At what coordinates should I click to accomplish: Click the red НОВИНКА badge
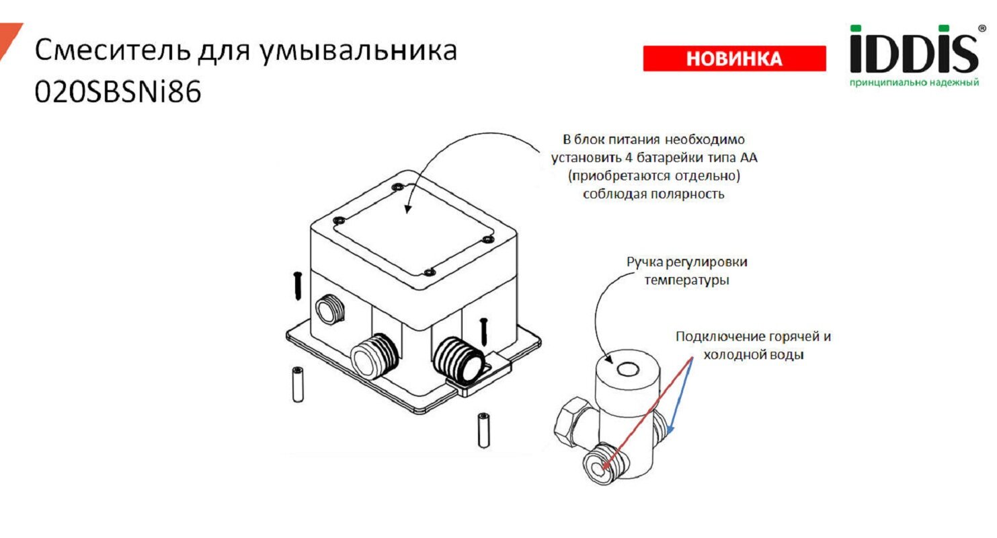coord(734,59)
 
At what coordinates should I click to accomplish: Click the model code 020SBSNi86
coord(118,93)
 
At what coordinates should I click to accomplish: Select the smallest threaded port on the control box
coord(328,309)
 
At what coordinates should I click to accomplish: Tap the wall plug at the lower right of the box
coord(483,430)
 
